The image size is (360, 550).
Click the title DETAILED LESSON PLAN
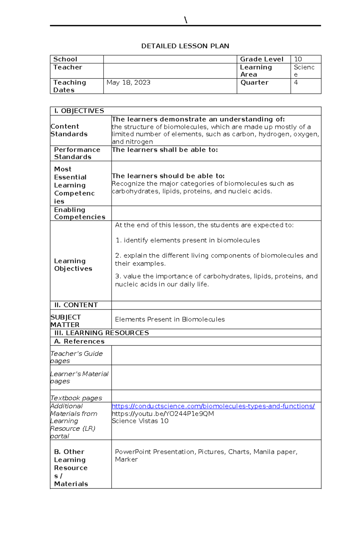[x=185, y=46]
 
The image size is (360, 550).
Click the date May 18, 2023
[x=128, y=82]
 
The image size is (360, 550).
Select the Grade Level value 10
[x=298, y=59]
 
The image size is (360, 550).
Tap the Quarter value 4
[x=296, y=82]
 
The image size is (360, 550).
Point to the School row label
[x=65, y=59]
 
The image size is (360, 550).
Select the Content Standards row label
[x=69, y=130]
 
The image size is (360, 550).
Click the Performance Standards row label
[x=77, y=153]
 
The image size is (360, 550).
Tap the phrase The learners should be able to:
[x=168, y=176]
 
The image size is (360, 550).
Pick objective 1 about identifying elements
[x=188, y=240]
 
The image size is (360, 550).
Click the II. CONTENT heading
[x=76, y=305]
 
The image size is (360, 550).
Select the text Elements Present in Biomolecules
[x=170, y=320]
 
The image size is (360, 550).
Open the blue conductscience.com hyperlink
[x=213, y=406]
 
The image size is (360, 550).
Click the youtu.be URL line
[x=163, y=414]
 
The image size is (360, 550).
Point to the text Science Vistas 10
[x=140, y=421]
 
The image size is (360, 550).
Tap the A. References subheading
[x=79, y=341]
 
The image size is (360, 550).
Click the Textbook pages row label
[x=76, y=398]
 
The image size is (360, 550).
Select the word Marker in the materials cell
[x=126, y=459]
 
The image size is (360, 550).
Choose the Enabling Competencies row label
[x=79, y=213]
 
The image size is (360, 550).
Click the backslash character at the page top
[x=186, y=20]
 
